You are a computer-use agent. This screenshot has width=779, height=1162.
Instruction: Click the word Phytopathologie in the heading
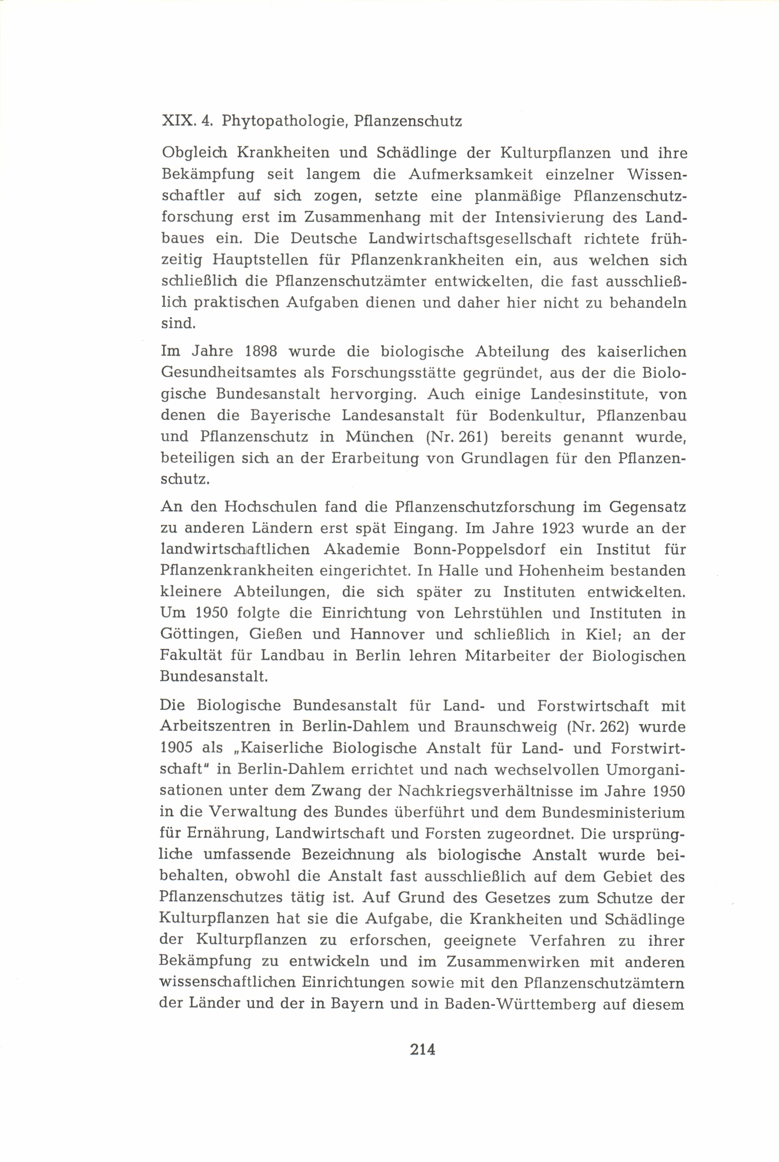(283, 122)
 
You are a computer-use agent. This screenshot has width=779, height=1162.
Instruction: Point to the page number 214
(423, 1049)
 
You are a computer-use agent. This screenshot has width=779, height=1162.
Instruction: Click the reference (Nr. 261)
(458, 437)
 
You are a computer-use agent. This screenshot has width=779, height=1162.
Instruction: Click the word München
(380, 437)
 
